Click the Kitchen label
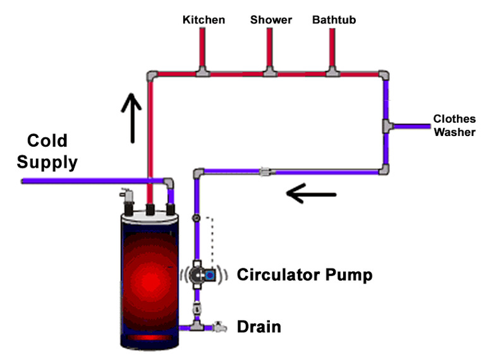click(204, 20)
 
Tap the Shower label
click(271, 20)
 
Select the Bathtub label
click(334, 20)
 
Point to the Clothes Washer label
click(454, 125)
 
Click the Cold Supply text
click(47, 151)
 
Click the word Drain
click(259, 327)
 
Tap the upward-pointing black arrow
click(131, 116)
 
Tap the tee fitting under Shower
click(271, 73)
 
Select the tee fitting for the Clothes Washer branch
click(387, 126)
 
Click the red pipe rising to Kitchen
click(204, 47)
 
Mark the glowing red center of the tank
click(150, 278)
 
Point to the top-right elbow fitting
click(384, 76)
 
